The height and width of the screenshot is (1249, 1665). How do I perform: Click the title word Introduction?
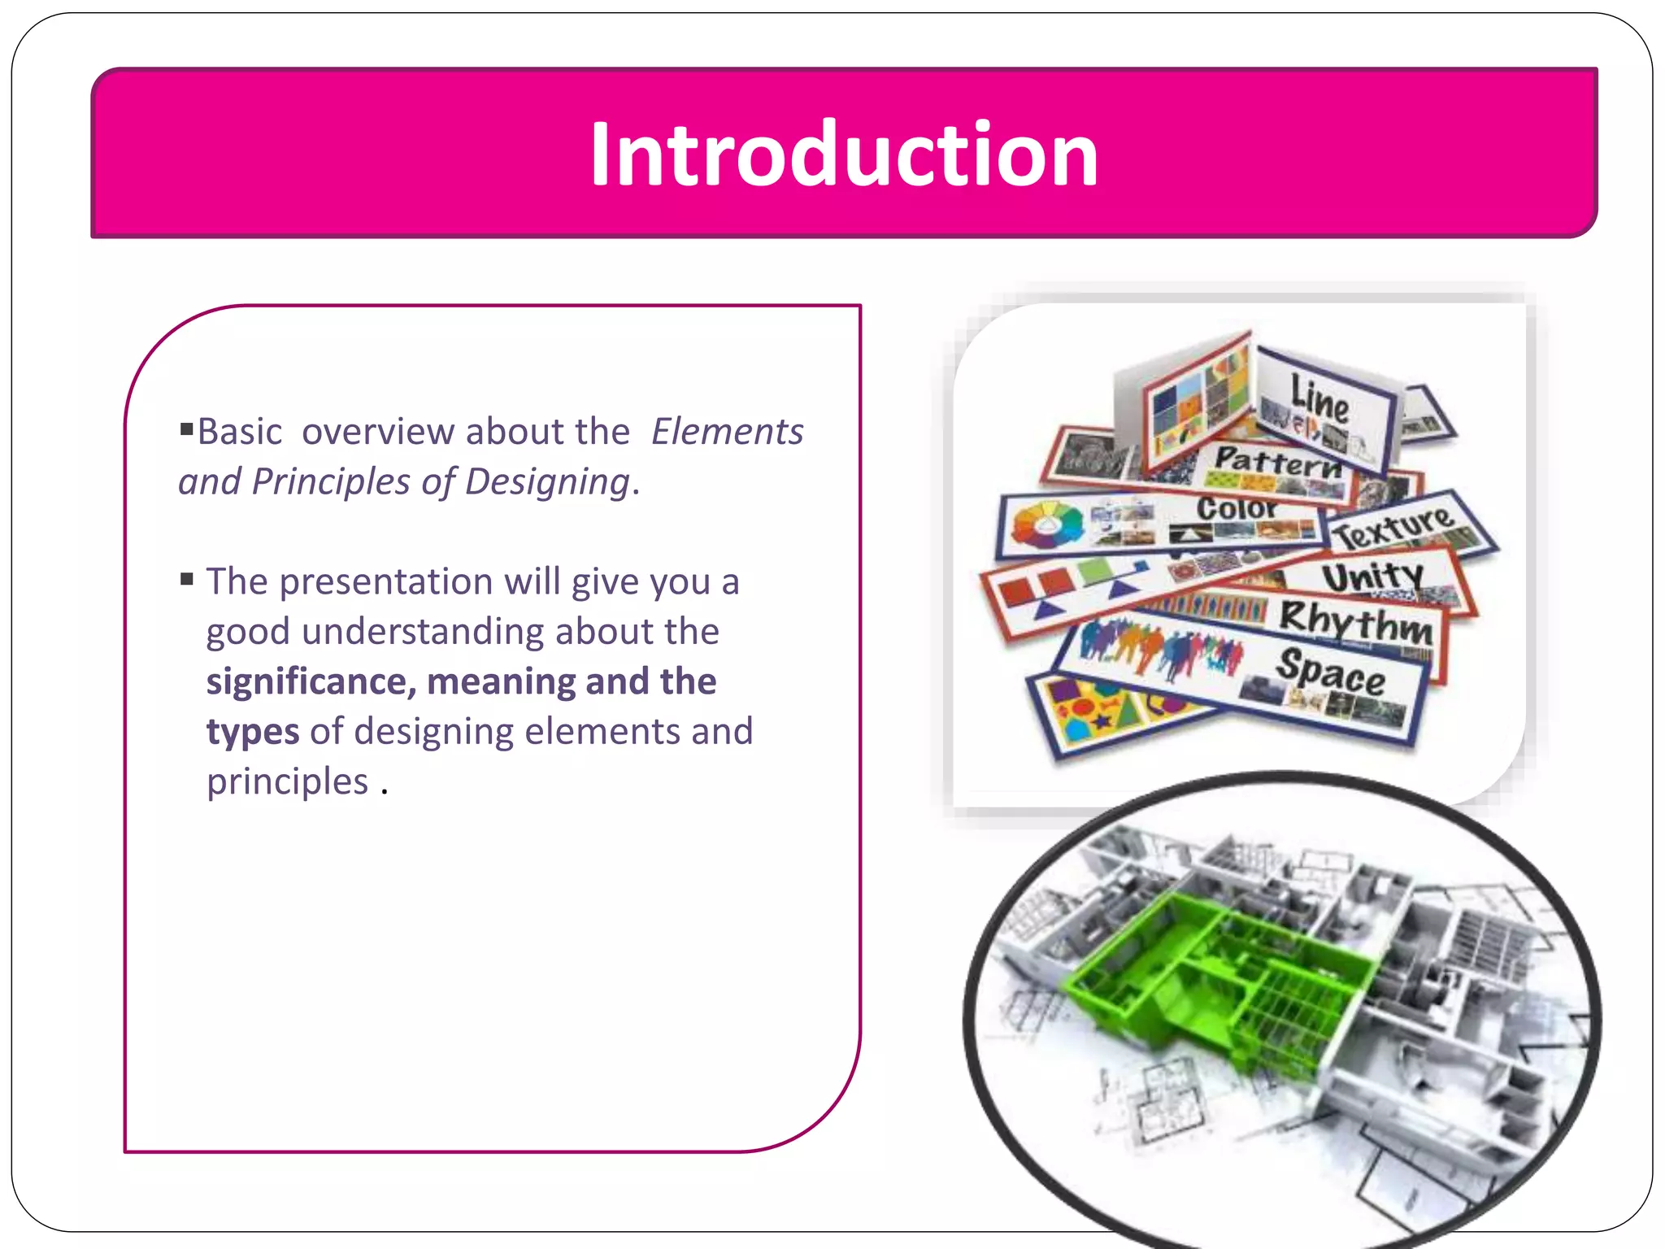(x=843, y=154)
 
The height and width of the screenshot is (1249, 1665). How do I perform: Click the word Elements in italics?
(x=727, y=432)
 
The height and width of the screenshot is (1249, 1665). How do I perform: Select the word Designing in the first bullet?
(x=547, y=482)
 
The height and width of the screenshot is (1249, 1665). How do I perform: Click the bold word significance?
(x=309, y=681)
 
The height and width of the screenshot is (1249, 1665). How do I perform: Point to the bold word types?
(x=252, y=731)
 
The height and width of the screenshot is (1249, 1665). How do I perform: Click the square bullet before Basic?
(x=187, y=428)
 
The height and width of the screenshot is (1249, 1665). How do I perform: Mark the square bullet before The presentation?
(x=187, y=579)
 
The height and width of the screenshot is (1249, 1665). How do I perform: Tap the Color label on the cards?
(x=1236, y=509)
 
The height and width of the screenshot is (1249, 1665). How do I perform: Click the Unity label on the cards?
(x=1372, y=577)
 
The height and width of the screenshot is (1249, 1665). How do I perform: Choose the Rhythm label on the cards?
(x=1355, y=622)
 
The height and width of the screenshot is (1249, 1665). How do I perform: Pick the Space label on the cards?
(x=1330, y=673)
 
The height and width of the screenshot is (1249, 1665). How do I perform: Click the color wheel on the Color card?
(x=1047, y=524)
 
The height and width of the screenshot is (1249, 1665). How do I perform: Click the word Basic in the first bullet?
(x=240, y=432)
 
